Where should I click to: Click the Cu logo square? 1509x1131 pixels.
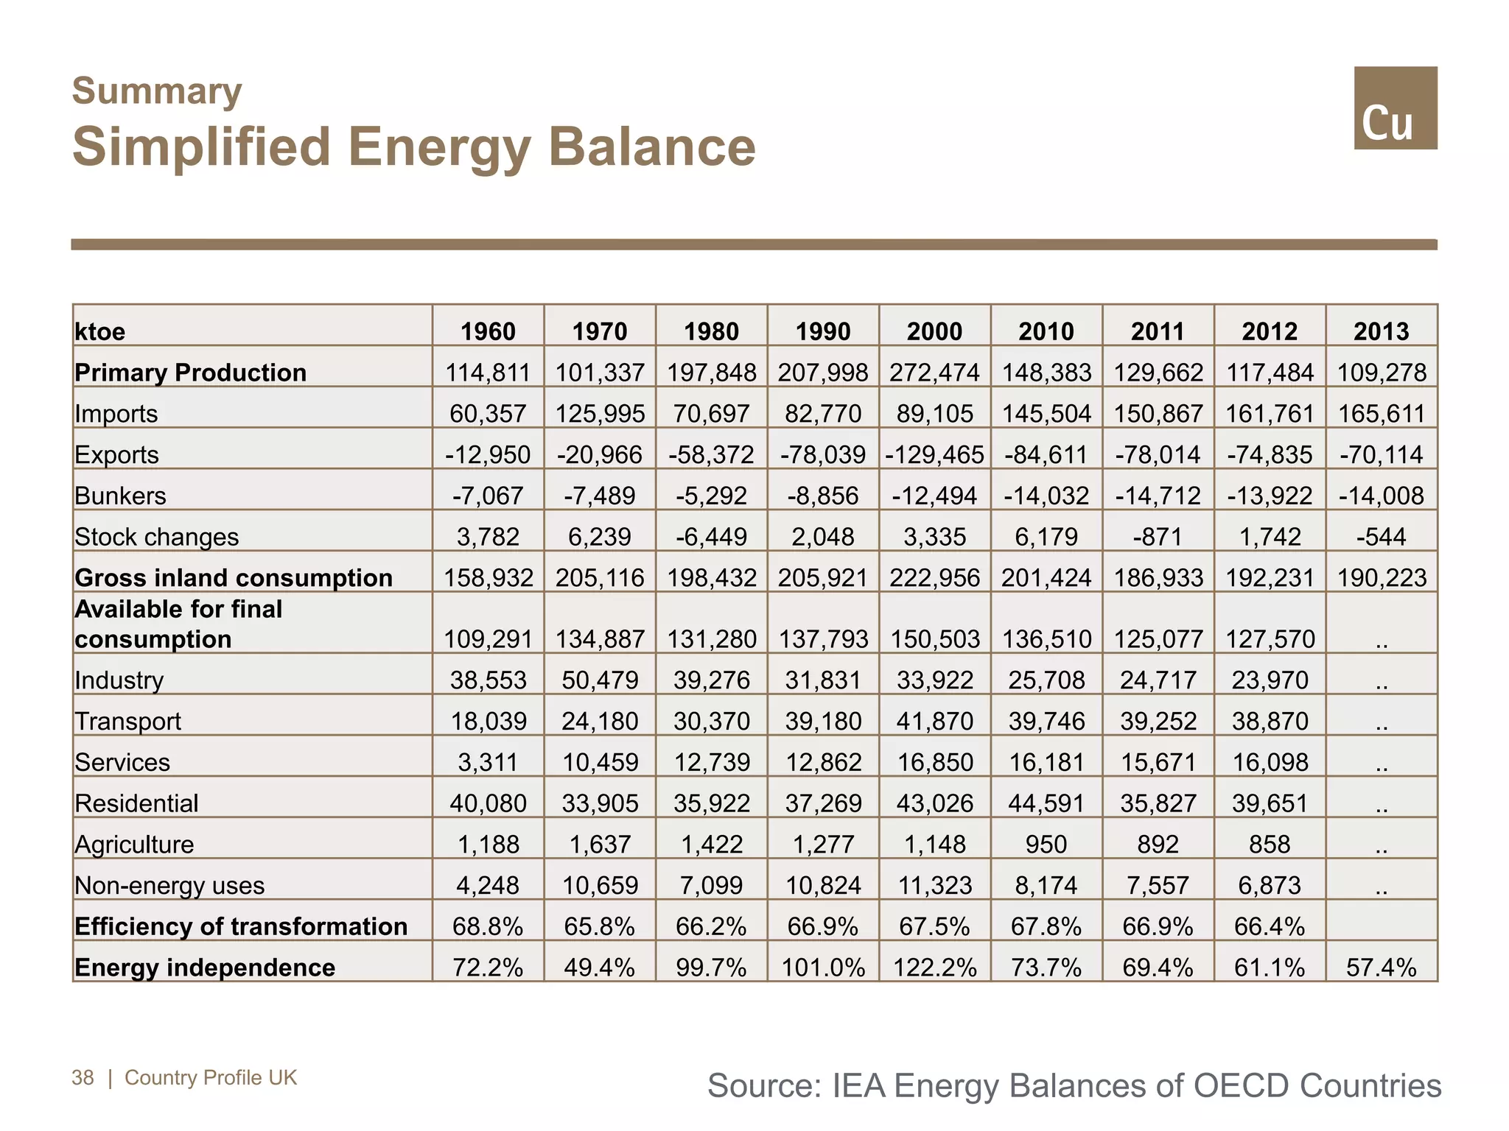pos(1395,108)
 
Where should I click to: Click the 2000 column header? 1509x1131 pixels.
pos(934,331)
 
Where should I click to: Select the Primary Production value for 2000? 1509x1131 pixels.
pos(934,373)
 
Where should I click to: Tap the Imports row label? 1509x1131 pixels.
pos(116,414)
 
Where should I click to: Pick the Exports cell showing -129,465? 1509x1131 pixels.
pos(934,455)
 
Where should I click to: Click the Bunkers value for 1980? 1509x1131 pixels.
pos(711,496)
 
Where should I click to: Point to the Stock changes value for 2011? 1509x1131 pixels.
pos(1158,537)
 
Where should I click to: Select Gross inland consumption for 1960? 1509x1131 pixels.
pos(488,578)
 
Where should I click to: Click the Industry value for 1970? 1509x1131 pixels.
pos(600,680)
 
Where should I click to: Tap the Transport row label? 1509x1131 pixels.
pos(128,721)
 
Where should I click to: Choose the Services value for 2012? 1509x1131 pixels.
pos(1270,762)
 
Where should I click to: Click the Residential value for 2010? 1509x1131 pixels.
pos(1046,803)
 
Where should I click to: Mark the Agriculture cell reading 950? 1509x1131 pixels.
pos(1046,845)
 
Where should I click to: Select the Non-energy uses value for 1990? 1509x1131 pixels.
pos(823,885)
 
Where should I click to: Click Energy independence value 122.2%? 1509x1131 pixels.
pos(934,968)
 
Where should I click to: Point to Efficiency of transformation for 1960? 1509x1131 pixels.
pos(488,926)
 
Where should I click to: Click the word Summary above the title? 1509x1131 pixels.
pos(157,91)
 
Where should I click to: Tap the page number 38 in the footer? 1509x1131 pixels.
pos(83,1078)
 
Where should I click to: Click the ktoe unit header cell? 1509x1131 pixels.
pos(100,332)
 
